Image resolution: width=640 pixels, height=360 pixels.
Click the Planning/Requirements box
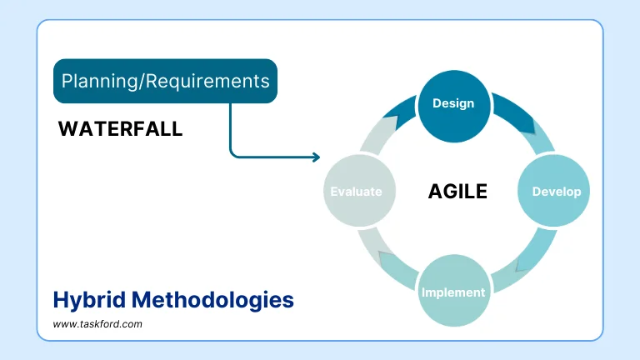click(x=165, y=81)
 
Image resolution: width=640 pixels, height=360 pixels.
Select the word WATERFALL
click(x=120, y=129)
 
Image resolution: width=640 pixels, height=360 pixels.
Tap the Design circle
click(x=453, y=105)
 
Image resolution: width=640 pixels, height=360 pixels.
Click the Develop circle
click(x=556, y=191)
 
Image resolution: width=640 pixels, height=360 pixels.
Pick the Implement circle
click(x=453, y=291)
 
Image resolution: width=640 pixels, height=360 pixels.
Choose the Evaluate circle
click(x=356, y=191)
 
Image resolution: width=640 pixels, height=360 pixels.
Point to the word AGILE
click(x=457, y=192)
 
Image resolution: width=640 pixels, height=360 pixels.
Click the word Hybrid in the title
click(x=87, y=299)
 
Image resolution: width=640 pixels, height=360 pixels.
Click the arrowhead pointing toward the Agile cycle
click(x=316, y=157)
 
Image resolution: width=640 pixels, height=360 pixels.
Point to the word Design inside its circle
click(x=453, y=103)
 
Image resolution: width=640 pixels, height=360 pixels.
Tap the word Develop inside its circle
click(x=556, y=191)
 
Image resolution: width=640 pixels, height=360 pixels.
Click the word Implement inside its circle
click(x=453, y=292)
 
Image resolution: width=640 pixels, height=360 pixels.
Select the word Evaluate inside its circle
click(x=356, y=191)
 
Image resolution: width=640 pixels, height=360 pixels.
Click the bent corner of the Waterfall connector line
click(x=232, y=155)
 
